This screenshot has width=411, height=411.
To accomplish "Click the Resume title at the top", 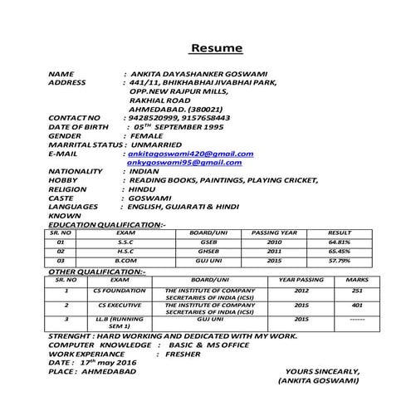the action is (x=218, y=47).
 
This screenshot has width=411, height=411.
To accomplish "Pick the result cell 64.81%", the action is (x=340, y=242).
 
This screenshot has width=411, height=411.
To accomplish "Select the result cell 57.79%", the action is (x=340, y=260).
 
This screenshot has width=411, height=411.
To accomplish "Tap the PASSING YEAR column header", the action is (x=274, y=232).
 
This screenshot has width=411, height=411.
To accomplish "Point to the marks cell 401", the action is (x=357, y=305).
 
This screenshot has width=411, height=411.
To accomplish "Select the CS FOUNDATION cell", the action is (x=114, y=291).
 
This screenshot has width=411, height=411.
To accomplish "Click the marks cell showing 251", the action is (x=357, y=291).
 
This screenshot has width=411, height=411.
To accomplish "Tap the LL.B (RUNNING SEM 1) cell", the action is (x=114, y=322).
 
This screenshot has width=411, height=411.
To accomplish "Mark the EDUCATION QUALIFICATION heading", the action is (x=107, y=224).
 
